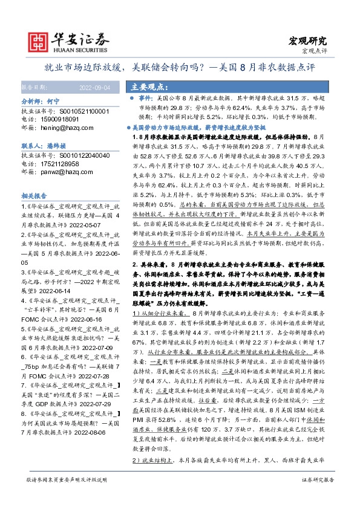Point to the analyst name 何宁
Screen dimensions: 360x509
54,103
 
